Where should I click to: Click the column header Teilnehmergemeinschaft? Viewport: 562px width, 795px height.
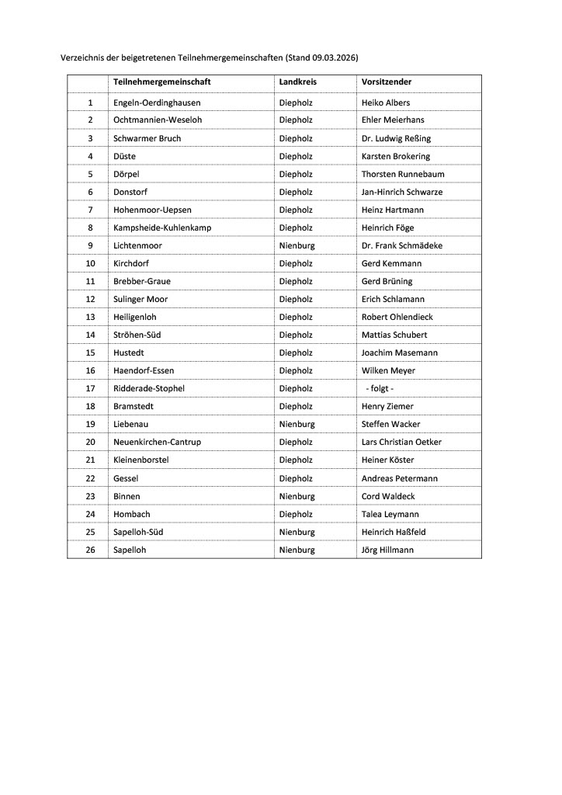161,82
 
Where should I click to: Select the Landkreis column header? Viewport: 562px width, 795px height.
297,82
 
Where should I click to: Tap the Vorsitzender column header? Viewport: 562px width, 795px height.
386,82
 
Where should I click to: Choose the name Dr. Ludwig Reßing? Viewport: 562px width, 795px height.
396,138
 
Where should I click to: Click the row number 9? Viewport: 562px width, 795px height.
90,245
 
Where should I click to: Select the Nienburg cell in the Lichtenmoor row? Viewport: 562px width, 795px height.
297,245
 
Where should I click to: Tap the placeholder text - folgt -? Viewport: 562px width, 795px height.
380,388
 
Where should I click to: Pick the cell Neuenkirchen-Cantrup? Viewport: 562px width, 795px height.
157,442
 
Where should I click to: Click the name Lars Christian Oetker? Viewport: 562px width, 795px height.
401,442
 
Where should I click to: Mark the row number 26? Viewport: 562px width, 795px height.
90,550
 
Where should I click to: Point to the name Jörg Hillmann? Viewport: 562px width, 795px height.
387,550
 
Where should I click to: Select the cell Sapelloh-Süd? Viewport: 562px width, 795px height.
138,532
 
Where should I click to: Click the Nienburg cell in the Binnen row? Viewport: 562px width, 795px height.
297,496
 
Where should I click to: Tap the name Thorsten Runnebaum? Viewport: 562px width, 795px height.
403,174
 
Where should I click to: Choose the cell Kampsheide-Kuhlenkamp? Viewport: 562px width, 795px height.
161,227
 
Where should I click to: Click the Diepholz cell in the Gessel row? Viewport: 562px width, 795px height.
296,478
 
